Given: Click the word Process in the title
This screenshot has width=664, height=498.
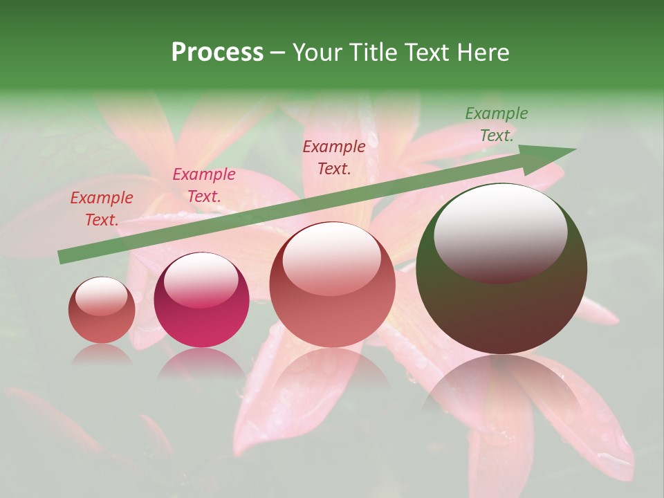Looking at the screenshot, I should (217, 53).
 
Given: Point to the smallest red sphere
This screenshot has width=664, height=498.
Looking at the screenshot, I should (102, 310).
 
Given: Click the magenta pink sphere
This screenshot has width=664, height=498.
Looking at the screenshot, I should (201, 300).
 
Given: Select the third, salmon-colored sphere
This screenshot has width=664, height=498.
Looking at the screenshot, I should (333, 284).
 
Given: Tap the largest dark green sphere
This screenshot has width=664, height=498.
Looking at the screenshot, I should (501, 268).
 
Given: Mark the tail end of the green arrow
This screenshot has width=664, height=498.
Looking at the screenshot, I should (62, 257).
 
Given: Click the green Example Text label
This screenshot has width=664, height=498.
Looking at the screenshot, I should (497, 124).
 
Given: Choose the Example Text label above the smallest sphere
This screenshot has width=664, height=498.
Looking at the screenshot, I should (102, 209).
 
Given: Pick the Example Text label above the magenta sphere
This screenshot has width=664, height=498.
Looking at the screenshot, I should (204, 185).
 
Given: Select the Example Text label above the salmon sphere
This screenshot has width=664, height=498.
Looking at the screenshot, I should (334, 157).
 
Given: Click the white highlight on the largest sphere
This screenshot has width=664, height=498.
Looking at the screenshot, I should (500, 232).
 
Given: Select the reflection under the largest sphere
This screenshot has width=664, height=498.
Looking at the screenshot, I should (501, 387).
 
